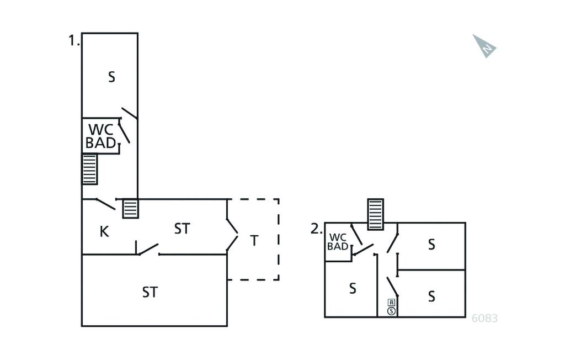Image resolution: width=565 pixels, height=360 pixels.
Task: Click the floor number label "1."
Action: (74, 40)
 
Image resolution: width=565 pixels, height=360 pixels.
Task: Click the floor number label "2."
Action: (316, 229)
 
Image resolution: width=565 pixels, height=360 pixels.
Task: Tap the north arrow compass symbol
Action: (484, 46)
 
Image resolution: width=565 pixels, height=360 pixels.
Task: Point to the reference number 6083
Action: (485, 318)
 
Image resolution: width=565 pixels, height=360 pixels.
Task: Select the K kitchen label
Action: (104, 232)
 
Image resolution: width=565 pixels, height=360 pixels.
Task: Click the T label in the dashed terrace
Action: (254, 241)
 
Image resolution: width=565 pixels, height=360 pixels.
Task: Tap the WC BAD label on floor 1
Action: (102, 136)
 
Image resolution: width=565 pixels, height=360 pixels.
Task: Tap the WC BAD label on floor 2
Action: (338, 242)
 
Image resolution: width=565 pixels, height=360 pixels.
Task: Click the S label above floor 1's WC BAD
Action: (111, 77)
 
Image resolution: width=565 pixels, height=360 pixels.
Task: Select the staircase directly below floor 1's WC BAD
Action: (89, 169)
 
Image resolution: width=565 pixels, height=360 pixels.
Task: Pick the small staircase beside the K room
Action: (130, 208)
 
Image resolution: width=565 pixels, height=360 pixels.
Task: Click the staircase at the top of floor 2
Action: (375, 214)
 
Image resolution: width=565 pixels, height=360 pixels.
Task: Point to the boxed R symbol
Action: (391, 303)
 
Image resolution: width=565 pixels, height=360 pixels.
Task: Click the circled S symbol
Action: (391, 311)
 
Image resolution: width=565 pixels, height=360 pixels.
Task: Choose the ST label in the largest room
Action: (150, 292)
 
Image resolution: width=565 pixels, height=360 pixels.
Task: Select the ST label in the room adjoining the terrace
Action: (182, 229)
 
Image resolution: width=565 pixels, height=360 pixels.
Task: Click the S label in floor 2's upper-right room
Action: (431, 244)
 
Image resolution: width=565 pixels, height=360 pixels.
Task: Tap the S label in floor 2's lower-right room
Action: (431, 297)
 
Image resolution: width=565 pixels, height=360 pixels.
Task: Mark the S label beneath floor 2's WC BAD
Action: (353, 288)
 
